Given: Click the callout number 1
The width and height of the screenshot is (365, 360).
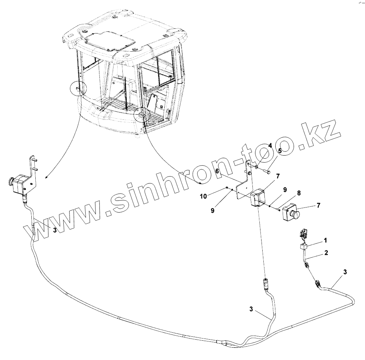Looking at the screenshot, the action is coord(325,240).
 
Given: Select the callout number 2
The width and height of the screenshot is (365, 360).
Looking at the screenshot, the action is coord(326,252).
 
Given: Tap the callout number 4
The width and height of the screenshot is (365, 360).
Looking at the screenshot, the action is coord(270,145).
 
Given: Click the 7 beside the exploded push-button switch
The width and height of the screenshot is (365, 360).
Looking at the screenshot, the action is coord(318,206).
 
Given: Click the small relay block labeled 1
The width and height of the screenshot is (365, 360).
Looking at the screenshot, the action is coord(304,246).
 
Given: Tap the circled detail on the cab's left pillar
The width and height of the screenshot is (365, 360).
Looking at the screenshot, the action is coord(79,88).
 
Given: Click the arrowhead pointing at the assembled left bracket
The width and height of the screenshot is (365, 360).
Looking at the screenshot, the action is coord(46,177).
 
